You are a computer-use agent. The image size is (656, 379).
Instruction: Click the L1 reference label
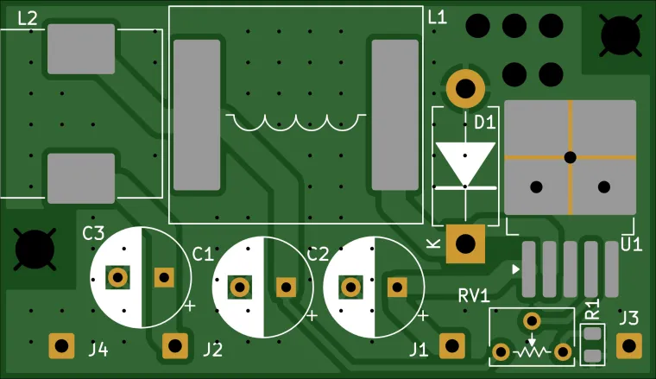pyautogui.click(x=438, y=17)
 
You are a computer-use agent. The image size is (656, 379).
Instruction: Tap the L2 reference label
pyautogui.click(x=28, y=18)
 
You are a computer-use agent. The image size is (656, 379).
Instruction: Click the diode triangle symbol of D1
pyautogui.click(x=465, y=163)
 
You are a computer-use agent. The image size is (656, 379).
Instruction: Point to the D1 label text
pyautogui.click(x=484, y=123)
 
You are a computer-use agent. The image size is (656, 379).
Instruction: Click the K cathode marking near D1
pyautogui.click(x=432, y=244)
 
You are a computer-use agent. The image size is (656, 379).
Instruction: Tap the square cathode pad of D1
pyautogui.click(x=466, y=243)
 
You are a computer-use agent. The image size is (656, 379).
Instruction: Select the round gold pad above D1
pyautogui.click(x=465, y=88)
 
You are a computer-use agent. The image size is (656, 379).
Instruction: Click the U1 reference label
pyautogui.click(x=631, y=245)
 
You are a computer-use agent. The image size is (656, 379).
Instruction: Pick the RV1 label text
pyautogui.click(x=474, y=295)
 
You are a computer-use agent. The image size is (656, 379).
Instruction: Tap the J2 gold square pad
pyautogui.click(x=176, y=346)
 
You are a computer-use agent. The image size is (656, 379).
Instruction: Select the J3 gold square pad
pyautogui.click(x=629, y=346)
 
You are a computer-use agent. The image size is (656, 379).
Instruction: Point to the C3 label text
pyautogui.click(x=93, y=233)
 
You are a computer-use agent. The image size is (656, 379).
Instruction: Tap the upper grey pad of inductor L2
pyautogui.click(x=81, y=48)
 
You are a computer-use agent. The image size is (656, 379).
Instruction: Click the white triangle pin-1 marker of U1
pyautogui.click(x=516, y=270)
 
